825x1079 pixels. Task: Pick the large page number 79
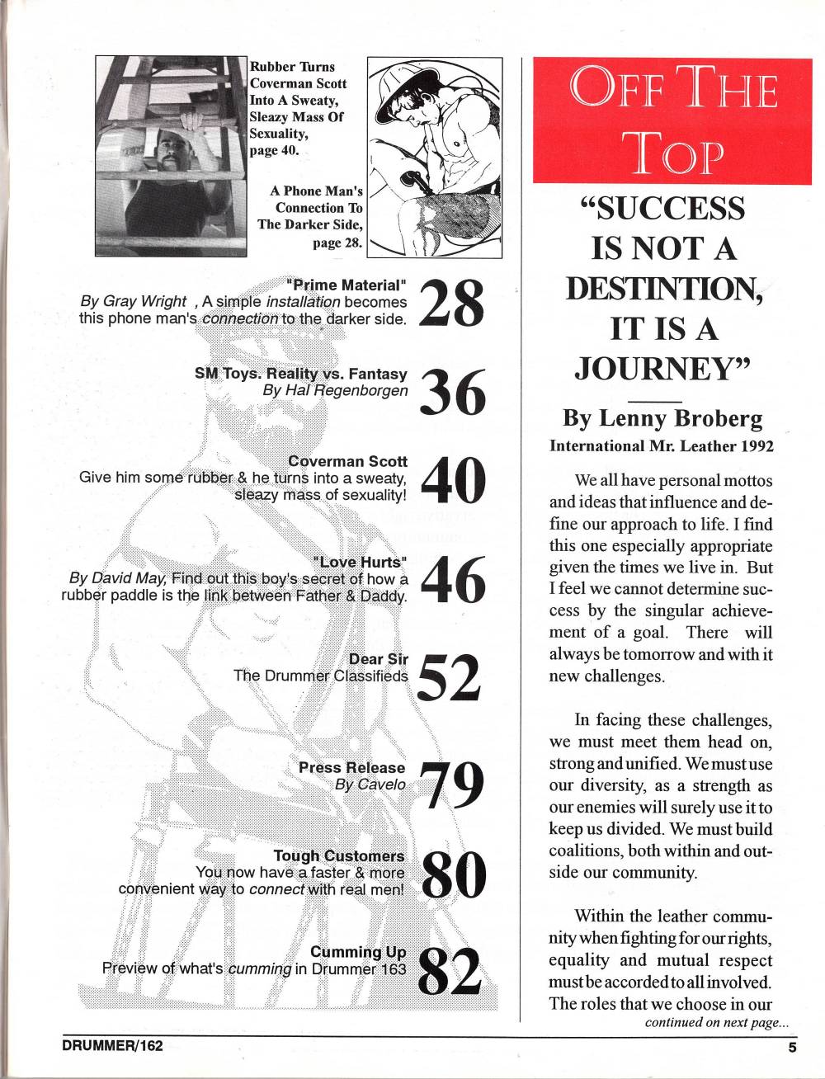451,785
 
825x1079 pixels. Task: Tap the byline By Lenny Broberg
662,418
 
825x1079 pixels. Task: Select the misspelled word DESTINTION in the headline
662,288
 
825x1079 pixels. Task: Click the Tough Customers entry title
339,856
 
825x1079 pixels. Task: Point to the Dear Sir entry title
379,659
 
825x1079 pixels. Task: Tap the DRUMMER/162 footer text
113,1045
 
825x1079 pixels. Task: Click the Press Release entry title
352,767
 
